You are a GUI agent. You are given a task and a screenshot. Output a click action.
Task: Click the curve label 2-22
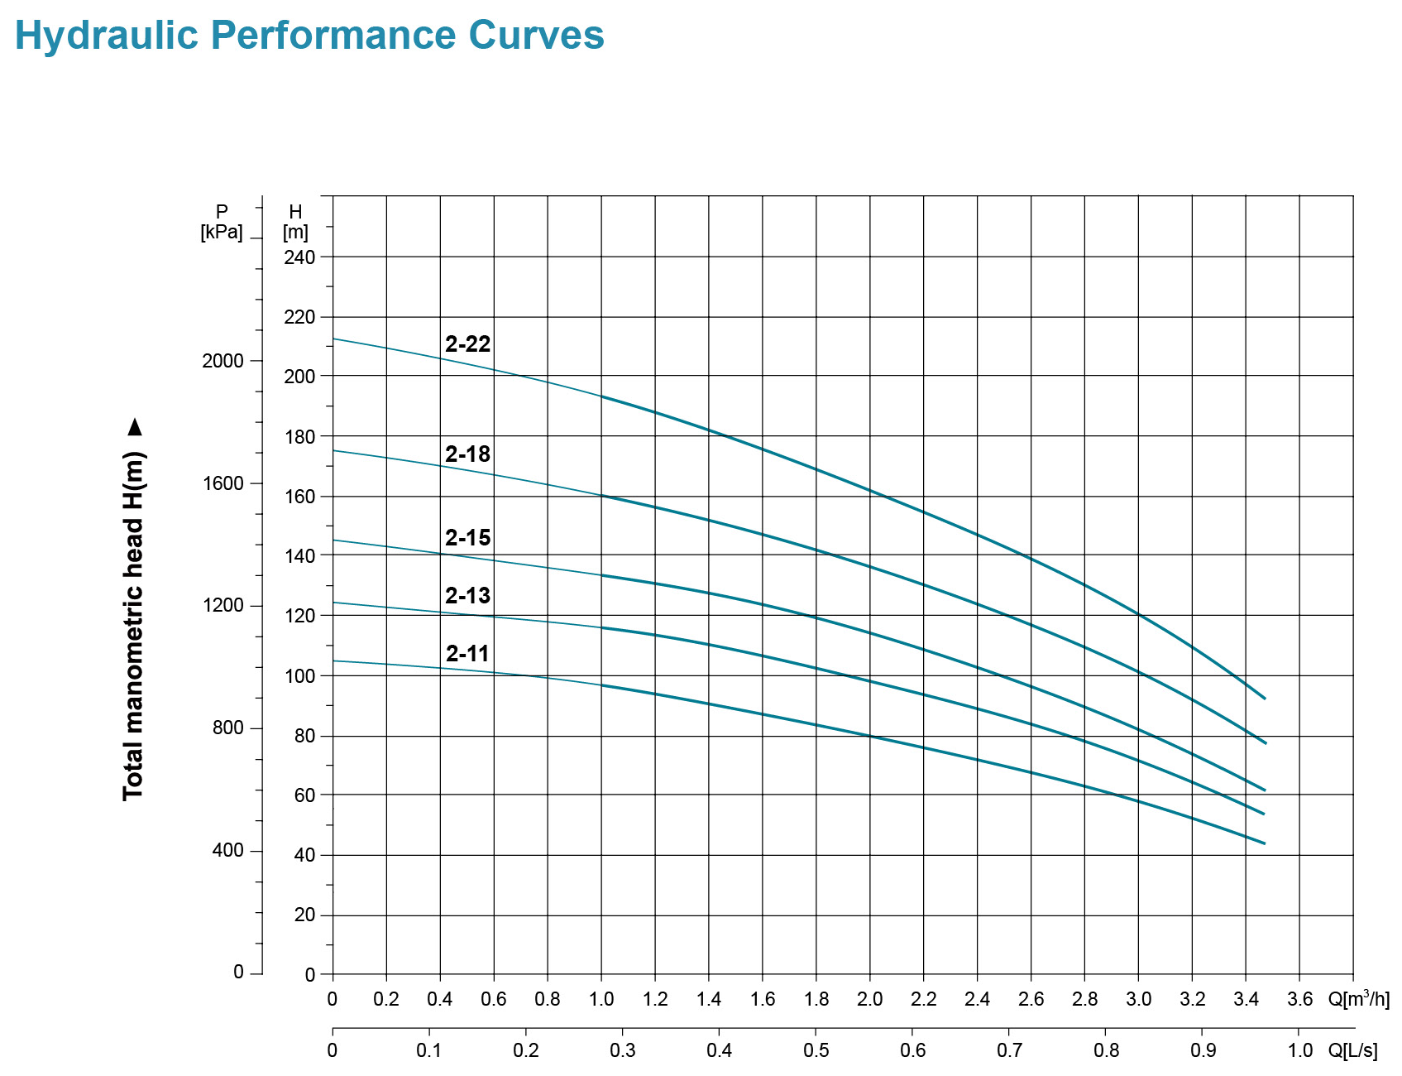(x=468, y=343)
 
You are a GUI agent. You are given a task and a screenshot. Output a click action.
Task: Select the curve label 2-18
(x=468, y=454)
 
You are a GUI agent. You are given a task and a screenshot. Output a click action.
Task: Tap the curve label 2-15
(x=468, y=537)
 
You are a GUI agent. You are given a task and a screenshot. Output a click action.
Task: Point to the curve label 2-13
(x=468, y=595)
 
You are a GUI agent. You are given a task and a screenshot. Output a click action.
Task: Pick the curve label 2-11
(x=468, y=653)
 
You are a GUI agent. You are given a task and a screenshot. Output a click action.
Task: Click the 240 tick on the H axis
(x=299, y=257)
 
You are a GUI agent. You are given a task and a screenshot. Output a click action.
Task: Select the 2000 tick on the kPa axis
(x=223, y=361)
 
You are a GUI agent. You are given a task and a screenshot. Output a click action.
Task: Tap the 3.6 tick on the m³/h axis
(x=1299, y=999)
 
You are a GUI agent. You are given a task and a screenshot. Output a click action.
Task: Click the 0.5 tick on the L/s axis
(x=816, y=1050)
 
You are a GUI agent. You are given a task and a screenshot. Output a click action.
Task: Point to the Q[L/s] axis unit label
(x=1353, y=1050)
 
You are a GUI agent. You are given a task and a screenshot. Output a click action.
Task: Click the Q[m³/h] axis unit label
(x=1359, y=998)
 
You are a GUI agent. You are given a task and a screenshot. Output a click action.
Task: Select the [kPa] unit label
(x=222, y=233)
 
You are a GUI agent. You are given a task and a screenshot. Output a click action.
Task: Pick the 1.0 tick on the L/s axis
(x=1299, y=1050)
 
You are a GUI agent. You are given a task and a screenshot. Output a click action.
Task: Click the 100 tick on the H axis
(x=299, y=676)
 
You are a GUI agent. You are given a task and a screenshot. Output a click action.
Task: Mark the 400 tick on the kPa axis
(x=228, y=851)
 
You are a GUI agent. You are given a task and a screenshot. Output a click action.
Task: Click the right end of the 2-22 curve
(x=1265, y=699)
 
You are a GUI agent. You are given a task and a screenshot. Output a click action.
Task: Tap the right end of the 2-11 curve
(x=1265, y=843)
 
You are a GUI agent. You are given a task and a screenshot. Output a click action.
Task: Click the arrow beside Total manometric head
(x=135, y=427)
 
